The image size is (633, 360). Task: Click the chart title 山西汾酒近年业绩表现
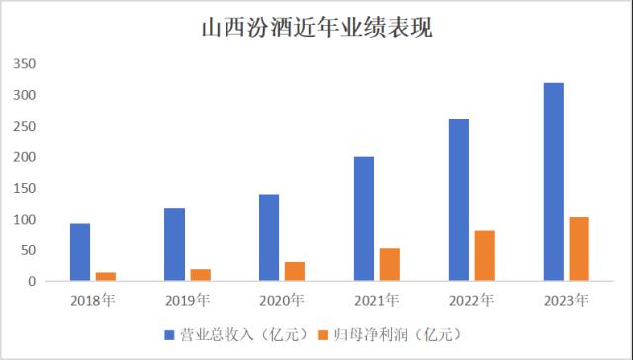click(316, 27)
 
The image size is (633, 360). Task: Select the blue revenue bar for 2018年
click(80, 251)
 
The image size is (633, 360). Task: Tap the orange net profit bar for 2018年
click(105, 276)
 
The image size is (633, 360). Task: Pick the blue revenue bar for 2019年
click(174, 244)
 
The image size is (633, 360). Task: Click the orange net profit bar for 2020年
click(295, 271)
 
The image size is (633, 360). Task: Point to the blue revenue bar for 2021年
click(364, 219)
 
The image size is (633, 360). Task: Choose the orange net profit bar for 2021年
click(390, 264)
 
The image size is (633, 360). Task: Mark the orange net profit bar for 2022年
click(485, 255)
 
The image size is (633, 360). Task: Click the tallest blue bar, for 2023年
click(554, 182)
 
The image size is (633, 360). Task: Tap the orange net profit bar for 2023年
click(580, 248)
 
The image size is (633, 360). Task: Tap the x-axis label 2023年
click(567, 300)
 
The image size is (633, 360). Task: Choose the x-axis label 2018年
click(92, 300)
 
